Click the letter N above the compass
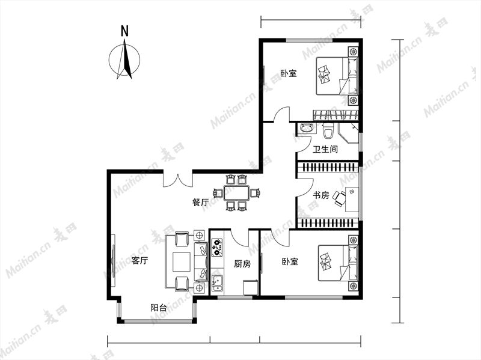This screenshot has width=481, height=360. tap(124, 31)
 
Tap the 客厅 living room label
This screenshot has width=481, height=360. tap(139, 261)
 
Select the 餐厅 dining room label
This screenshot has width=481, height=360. tap(201, 203)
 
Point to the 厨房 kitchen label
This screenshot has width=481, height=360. tap(242, 264)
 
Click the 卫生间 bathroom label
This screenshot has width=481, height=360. tap(325, 149)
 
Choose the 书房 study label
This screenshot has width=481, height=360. tap(321, 195)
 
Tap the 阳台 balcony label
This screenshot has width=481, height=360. tap(159, 308)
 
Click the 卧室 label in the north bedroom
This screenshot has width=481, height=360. tap(289, 73)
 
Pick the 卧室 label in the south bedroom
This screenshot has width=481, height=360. tap(290, 261)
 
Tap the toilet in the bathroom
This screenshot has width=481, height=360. tap(327, 131)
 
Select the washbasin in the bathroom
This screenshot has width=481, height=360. tap(306, 127)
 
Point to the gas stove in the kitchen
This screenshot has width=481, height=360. tap(217, 247)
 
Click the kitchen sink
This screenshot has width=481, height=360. tap(217, 283)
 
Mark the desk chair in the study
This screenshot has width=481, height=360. tap(339, 198)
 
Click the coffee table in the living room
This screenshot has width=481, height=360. tap(183, 261)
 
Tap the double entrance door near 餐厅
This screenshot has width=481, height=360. tap(177, 180)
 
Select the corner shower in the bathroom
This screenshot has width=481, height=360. tap(349, 133)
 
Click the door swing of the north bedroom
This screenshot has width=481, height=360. tap(281, 114)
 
